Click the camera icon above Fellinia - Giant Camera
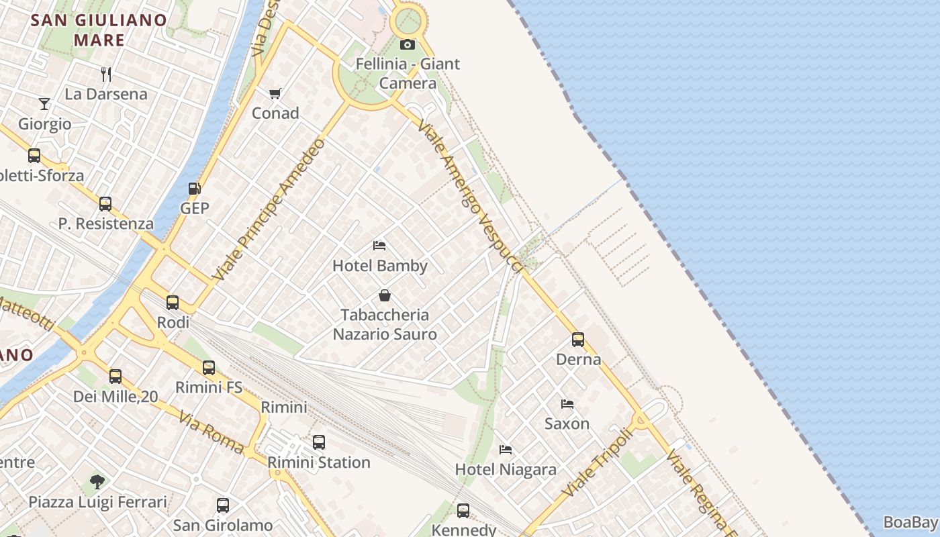[408, 45]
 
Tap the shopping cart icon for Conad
[275, 93]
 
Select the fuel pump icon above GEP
[195, 189]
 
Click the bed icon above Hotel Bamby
[379, 246]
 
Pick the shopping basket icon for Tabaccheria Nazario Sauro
[385, 295]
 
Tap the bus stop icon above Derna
[578, 340]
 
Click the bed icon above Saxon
[567, 404]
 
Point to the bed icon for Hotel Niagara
[506, 449]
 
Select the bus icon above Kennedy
[463, 511]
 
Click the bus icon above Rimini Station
[319, 442]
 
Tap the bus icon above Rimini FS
[209, 368]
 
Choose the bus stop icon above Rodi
[173, 303]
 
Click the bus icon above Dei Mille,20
[115, 377]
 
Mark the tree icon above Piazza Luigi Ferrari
[97, 481]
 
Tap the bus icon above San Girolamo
[223, 505]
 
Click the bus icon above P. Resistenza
[105, 204]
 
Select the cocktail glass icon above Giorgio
[44, 104]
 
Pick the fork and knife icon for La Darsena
[105, 74]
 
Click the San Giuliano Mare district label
[99, 30]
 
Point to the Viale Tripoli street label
[598, 463]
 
